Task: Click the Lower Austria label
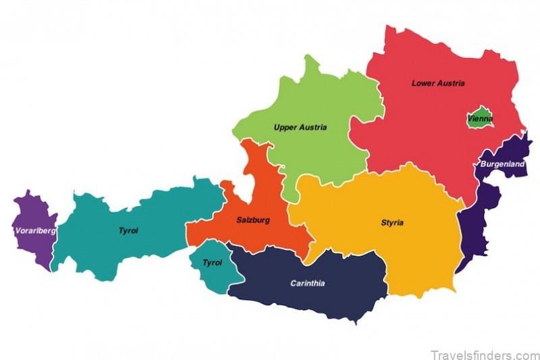pos(438,84)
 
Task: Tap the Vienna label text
pos(480,120)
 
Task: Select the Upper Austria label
pos(300,127)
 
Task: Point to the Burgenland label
pos(502,164)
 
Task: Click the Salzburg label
pos(253,220)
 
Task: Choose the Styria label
pos(392,223)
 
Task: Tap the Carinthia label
pos(307,283)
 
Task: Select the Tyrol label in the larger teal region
pos(128,231)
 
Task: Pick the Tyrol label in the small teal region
pos(212,263)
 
